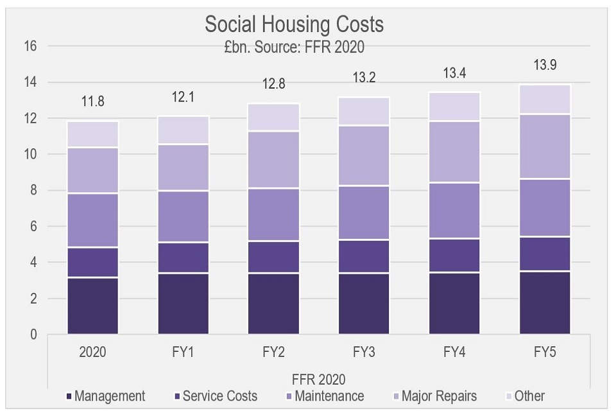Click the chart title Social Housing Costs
[x=294, y=24]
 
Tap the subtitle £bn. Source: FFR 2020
[x=295, y=47]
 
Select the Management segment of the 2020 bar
[x=93, y=306]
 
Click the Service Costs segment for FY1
[x=184, y=258]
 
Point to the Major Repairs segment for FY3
[x=364, y=155]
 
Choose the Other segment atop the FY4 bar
[x=454, y=107]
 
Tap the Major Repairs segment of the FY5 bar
[x=545, y=146]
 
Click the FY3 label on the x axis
[x=364, y=353]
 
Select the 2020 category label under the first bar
[x=93, y=353]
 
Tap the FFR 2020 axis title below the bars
[x=319, y=379]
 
